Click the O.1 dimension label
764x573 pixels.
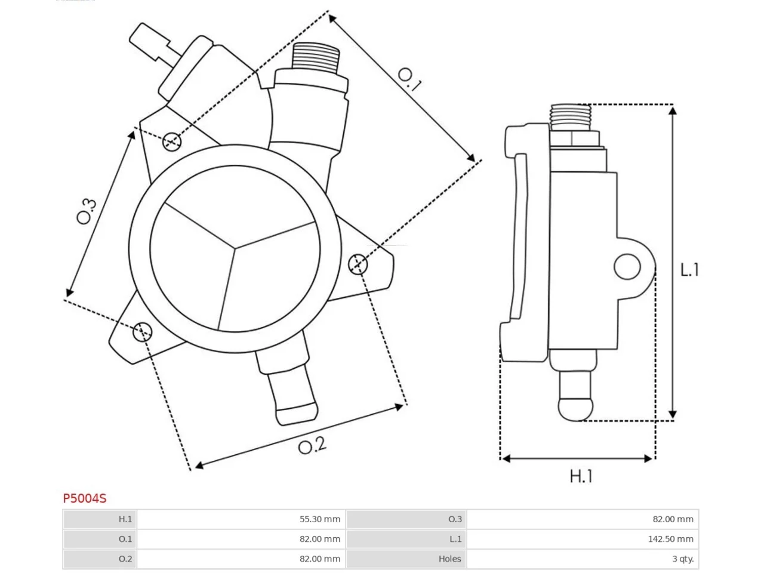(x=409, y=79)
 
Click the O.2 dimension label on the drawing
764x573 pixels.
(x=312, y=445)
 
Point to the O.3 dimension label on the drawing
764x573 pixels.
(x=87, y=211)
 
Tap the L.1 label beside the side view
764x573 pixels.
(x=689, y=270)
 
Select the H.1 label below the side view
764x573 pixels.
(x=581, y=476)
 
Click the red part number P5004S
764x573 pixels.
(x=85, y=498)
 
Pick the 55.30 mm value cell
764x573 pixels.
(x=319, y=519)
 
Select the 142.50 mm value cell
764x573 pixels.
(x=670, y=539)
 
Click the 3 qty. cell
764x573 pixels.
(x=683, y=559)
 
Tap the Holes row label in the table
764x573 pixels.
(x=449, y=559)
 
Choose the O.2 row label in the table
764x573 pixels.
(x=125, y=559)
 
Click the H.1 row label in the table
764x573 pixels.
(x=125, y=519)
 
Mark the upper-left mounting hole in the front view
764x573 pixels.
(x=171, y=141)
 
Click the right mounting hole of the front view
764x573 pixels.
(x=358, y=264)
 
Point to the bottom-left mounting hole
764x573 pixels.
(x=143, y=331)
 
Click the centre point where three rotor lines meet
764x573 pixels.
(x=234, y=248)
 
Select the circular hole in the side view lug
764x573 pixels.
(x=627, y=266)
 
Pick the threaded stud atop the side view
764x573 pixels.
(x=570, y=117)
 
